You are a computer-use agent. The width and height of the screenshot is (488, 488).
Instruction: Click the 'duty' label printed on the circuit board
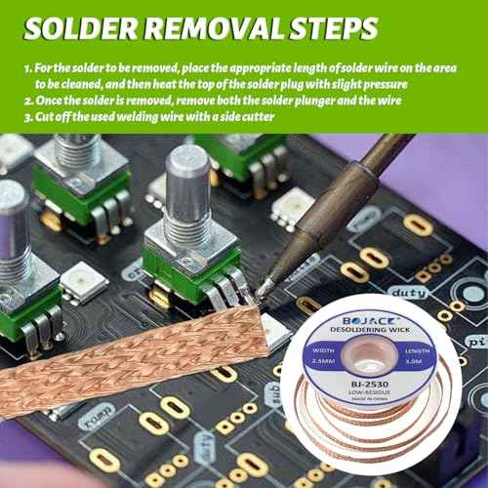408,292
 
